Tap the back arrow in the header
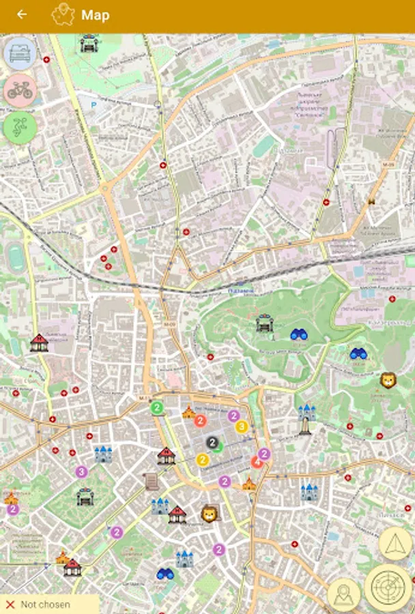tap(23, 14)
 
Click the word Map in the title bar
tap(95, 15)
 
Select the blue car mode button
tap(20, 54)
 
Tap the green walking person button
tap(20, 128)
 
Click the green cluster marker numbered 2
tap(156, 408)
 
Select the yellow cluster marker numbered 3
tap(241, 427)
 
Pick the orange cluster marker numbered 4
tap(257, 462)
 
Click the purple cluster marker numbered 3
tap(81, 471)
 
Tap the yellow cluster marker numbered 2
tap(203, 460)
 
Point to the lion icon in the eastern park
tap(388, 380)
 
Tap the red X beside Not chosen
tap(10, 604)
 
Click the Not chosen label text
tap(45, 604)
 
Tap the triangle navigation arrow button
tap(394, 544)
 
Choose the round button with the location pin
tap(344, 594)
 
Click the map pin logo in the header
tap(63, 14)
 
